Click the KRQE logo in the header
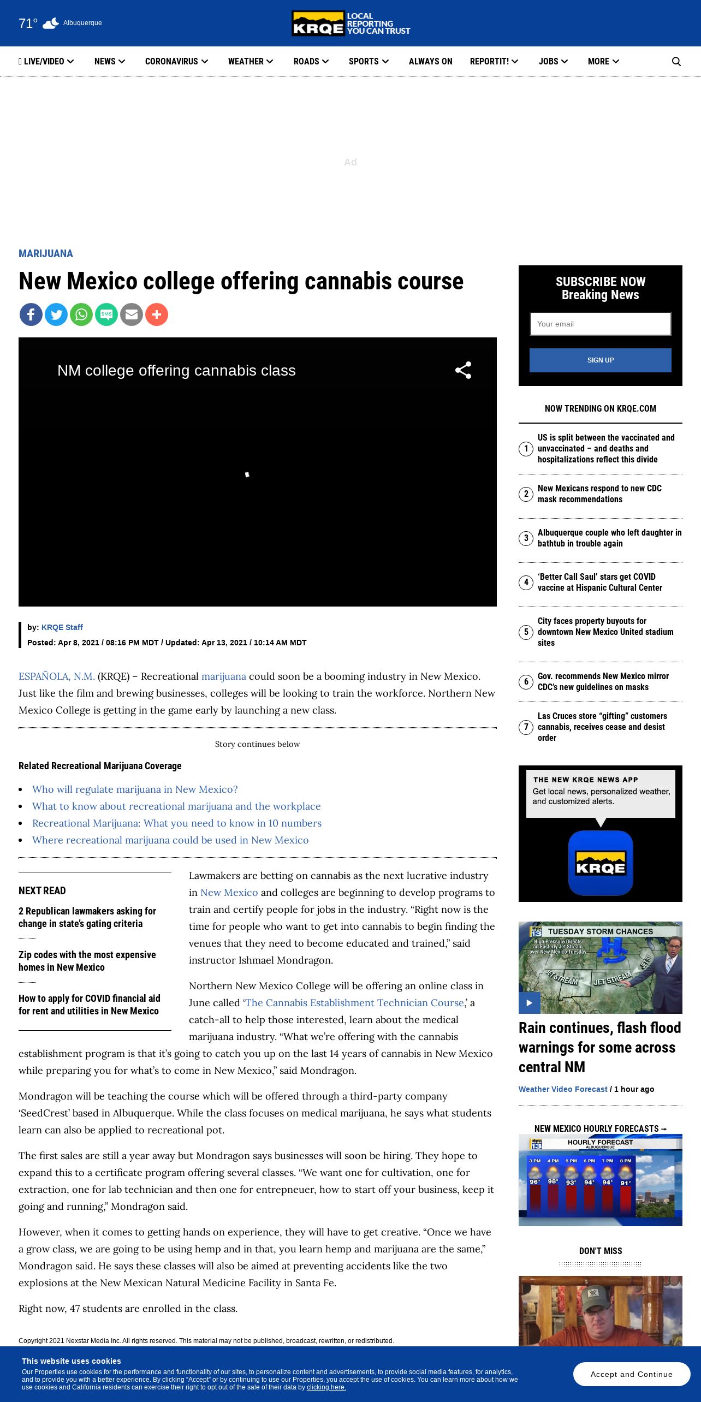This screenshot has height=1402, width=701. [x=350, y=23]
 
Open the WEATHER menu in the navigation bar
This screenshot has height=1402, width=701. [x=250, y=62]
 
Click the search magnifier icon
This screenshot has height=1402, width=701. [x=676, y=62]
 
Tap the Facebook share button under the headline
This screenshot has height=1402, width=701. [x=31, y=314]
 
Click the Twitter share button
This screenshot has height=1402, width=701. [x=56, y=314]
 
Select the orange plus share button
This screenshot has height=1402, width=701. [x=157, y=314]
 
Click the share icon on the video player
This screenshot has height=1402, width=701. [x=463, y=370]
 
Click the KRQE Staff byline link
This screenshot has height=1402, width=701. [x=62, y=627]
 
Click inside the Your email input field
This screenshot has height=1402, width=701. [x=600, y=324]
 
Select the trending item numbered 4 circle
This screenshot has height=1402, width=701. [x=526, y=583]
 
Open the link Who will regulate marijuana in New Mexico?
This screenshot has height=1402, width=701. [x=135, y=789]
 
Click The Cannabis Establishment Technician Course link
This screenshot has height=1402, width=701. [x=355, y=1003]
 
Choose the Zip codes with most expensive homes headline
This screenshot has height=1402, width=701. [x=87, y=961]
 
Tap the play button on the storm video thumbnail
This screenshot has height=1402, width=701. [x=529, y=1003]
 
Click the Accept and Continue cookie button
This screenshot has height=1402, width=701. [x=631, y=1374]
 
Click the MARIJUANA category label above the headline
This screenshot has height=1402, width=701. [x=46, y=254]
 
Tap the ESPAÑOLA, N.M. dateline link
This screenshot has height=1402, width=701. [x=57, y=676]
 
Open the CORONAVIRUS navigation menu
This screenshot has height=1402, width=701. [x=176, y=62]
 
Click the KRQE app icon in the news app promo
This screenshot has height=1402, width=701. [x=601, y=863]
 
